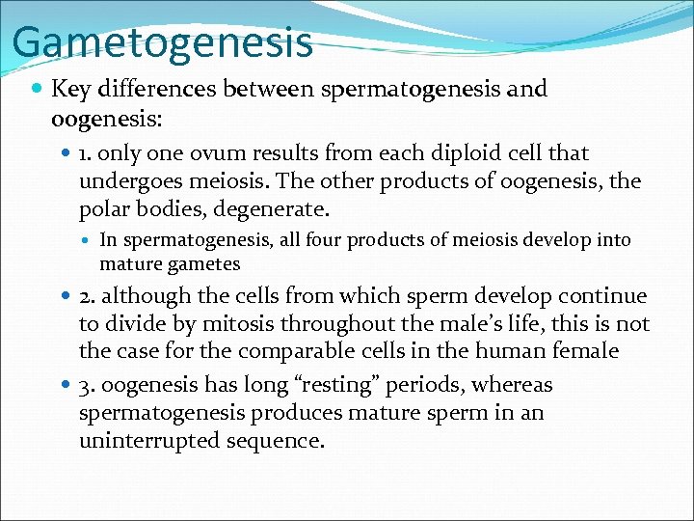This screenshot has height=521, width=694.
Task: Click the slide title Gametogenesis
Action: pos(163,42)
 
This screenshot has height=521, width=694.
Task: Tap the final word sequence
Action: pos(277,441)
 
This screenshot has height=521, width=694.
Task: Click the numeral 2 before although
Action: pos(85,297)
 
